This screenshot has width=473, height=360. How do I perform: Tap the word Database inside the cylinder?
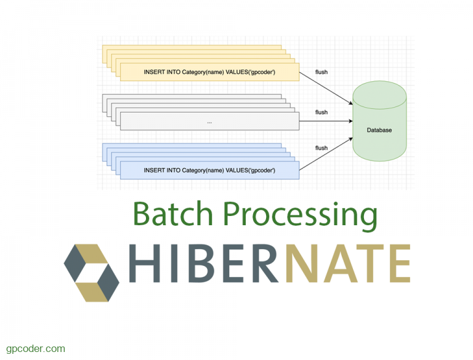pyautogui.click(x=379, y=130)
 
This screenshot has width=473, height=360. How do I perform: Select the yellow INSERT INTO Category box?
pyautogui.click(x=209, y=72)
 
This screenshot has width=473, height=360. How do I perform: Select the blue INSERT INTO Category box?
pyautogui.click(x=209, y=170)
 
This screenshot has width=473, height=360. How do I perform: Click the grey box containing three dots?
pyautogui.click(x=209, y=121)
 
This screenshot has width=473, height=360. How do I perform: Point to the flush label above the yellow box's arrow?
pyautogui.click(x=321, y=72)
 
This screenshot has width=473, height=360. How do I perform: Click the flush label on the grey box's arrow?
pyautogui.click(x=321, y=112)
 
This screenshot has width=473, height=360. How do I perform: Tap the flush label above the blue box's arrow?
pyautogui.click(x=321, y=148)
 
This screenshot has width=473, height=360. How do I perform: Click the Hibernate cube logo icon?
pyautogui.click(x=91, y=272)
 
